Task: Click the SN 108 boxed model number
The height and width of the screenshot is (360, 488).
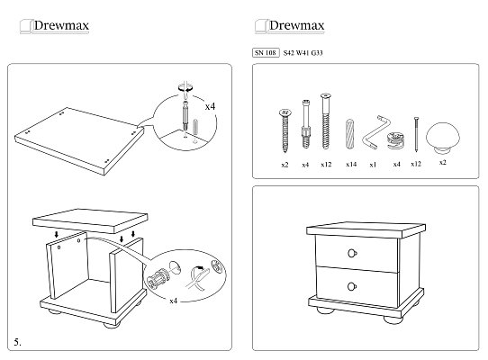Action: point(266,52)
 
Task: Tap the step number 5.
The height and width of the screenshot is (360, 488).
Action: point(17,342)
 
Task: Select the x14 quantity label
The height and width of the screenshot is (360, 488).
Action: point(351,165)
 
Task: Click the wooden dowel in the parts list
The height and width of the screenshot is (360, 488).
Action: point(350,134)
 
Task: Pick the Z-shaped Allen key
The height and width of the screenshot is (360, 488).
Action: point(375,132)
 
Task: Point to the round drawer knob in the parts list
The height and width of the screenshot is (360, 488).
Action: point(443,138)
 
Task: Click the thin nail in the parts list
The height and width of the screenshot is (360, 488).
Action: point(416,134)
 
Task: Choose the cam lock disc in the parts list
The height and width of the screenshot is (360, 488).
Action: point(395,140)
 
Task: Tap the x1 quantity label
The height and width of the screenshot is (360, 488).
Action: point(373,165)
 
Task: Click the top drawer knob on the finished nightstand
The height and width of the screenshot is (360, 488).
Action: point(352,253)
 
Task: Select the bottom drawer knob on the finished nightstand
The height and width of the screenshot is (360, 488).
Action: point(352,286)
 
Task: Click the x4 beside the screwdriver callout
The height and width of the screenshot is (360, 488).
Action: point(210,106)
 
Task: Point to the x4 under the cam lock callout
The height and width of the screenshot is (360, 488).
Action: point(174,301)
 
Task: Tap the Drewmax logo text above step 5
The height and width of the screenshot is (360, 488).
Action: point(61,25)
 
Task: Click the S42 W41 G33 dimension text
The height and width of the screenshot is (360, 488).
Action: point(303,53)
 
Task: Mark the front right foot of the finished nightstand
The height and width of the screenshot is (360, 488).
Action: point(393,319)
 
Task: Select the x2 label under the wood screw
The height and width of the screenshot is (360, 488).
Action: point(285,165)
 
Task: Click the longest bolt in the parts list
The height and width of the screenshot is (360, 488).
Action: point(326,121)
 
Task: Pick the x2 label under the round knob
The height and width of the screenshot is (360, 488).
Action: point(443,162)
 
